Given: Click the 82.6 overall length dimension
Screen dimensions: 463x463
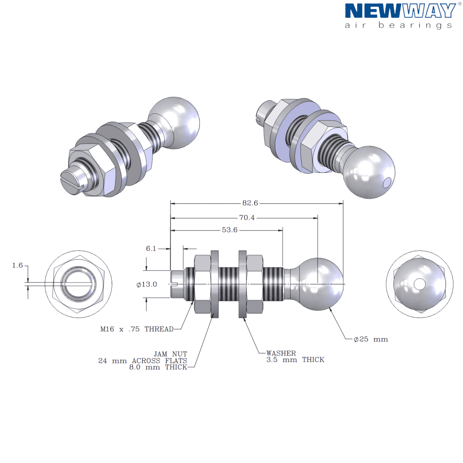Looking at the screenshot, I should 250,203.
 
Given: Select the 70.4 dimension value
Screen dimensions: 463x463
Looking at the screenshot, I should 247,218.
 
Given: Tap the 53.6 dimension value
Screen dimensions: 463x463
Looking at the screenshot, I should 230,230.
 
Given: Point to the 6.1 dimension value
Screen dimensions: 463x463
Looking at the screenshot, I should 151,248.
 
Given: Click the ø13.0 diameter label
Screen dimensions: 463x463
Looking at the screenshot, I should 147,284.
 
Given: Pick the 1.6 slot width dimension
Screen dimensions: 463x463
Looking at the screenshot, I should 17,265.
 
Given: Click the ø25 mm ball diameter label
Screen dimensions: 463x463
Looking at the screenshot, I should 370,339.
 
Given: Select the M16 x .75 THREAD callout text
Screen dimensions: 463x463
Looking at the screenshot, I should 137,329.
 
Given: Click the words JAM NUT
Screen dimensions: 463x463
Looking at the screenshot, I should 170,354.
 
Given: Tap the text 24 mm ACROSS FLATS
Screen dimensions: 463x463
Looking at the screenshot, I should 142,361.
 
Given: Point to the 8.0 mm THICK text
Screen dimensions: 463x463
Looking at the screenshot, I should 158,367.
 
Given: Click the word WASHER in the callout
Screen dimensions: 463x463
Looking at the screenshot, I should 281,353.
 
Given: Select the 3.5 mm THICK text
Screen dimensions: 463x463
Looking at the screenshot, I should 295,360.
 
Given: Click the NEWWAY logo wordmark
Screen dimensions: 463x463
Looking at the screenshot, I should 400,11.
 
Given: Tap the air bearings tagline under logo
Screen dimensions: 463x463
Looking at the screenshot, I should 398,25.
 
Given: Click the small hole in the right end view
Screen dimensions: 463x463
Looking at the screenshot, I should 419,284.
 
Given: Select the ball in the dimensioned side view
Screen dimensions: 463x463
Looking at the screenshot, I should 320,284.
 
